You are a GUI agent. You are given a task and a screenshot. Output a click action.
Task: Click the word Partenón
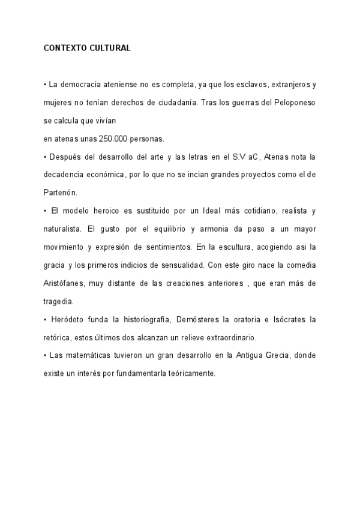click(61, 193)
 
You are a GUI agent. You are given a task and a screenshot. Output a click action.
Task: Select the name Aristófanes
click(65, 283)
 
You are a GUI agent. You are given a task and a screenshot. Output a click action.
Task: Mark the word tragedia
click(58, 301)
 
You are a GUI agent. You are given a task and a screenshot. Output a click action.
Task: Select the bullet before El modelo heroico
click(45, 211)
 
